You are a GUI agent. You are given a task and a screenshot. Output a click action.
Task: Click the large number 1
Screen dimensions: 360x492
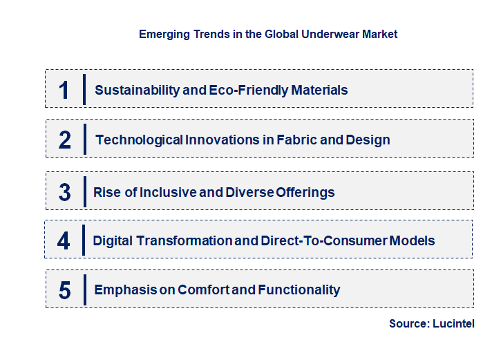tap(64, 90)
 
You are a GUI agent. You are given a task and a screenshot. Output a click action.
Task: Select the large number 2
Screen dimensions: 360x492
tap(65, 140)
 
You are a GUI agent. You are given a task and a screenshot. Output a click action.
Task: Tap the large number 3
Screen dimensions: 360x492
tap(64, 192)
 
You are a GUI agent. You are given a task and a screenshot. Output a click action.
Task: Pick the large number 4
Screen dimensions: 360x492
tap(64, 240)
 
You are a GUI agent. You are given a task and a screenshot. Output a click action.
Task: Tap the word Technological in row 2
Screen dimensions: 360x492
tap(139, 140)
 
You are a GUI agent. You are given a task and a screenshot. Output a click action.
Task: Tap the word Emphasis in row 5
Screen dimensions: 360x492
tap(123, 290)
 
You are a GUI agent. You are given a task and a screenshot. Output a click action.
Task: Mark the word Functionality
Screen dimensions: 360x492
tap(299, 290)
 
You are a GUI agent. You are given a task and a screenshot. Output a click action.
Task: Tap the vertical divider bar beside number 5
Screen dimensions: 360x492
tap(84, 289)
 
